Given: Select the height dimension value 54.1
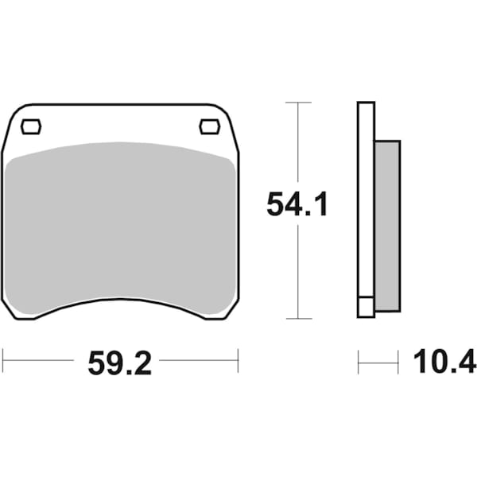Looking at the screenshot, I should coord(297,206).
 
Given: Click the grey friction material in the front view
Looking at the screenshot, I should coord(119,223).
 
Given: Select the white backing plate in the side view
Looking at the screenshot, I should coord(366,199).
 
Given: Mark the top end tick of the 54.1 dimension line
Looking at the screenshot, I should coord(297,103).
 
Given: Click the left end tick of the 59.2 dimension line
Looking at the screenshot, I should coord(3,361).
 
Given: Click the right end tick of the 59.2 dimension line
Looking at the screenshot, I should coord(238,361).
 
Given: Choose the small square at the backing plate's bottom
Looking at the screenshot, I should coord(366,307).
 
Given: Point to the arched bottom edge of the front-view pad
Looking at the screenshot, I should coord(119,301).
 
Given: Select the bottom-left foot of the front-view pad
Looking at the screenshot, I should coord(19,313).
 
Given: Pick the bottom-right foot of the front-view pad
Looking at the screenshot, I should coord(220,313).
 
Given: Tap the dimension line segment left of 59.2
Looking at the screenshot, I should coord(40,361).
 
